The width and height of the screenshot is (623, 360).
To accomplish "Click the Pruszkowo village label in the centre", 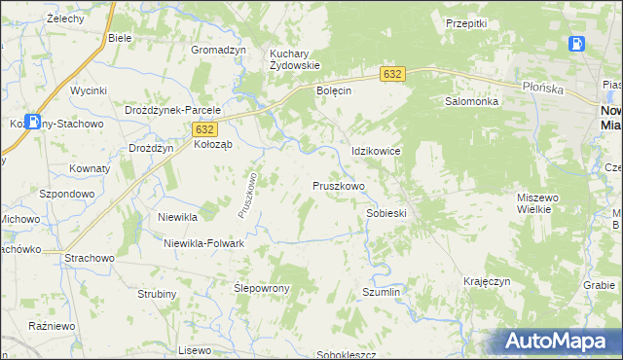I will click(x=339, y=186).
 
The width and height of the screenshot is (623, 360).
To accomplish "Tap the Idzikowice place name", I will click(x=376, y=152).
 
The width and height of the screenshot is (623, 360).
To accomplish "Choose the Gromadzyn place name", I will click(x=218, y=51).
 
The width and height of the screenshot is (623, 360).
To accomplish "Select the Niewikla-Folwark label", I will click(x=203, y=243).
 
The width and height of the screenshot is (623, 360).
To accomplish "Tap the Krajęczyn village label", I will click(x=488, y=281).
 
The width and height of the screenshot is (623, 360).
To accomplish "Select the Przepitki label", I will click(x=465, y=23).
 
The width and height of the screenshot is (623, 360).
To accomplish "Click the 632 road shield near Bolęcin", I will click(x=392, y=74).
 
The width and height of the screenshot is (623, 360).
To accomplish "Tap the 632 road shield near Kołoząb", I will click(x=203, y=128).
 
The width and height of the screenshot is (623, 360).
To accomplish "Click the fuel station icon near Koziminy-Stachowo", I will click(x=35, y=122).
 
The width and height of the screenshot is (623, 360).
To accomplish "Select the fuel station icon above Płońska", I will click(x=576, y=44).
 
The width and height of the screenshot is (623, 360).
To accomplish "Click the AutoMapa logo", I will click(x=560, y=341).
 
